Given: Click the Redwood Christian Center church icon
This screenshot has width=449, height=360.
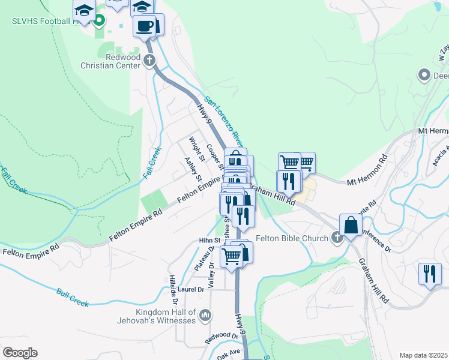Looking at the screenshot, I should coord(149,61).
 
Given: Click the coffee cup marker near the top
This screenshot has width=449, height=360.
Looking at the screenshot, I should coord(145,27).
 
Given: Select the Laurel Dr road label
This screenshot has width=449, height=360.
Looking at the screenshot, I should coord(191,289).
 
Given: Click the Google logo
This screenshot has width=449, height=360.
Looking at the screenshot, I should coord(20,353).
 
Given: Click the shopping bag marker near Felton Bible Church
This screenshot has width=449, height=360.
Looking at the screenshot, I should coord(351,225).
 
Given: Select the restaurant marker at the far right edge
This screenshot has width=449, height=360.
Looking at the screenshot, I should coord(429,274).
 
